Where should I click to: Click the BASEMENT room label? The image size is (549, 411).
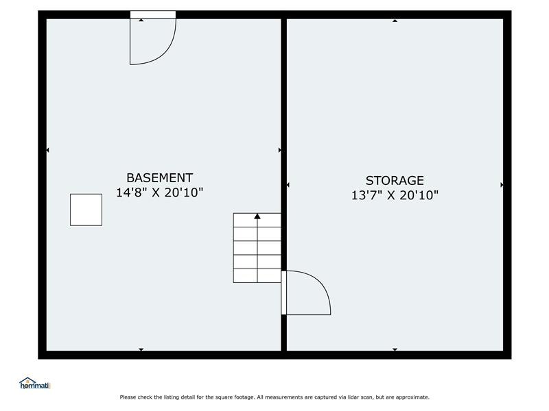tap(160, 178)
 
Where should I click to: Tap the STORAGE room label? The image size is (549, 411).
tap(395, 181)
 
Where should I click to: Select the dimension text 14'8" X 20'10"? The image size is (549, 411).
tap(160, 192)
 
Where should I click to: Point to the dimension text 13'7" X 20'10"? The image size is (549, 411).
tap(395, 195)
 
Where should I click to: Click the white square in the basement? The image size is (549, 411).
tap(86, 210)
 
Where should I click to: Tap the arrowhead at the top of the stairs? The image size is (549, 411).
tap(257, 216)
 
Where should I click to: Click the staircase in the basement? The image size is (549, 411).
tap(257, 248)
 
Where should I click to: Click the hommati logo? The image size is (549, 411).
tap(35, 384)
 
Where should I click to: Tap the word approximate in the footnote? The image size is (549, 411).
tap(412, 397)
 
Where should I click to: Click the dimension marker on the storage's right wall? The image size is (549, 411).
tap(502, 184)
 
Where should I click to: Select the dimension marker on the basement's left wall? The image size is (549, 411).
tap(47, 150)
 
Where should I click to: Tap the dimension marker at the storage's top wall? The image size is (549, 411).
tap(395, 21)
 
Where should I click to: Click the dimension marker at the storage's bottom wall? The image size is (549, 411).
tap(395, 349)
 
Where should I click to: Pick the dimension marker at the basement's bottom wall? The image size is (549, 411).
tap(141, 349)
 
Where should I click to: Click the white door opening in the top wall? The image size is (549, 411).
tap(153, 14)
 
